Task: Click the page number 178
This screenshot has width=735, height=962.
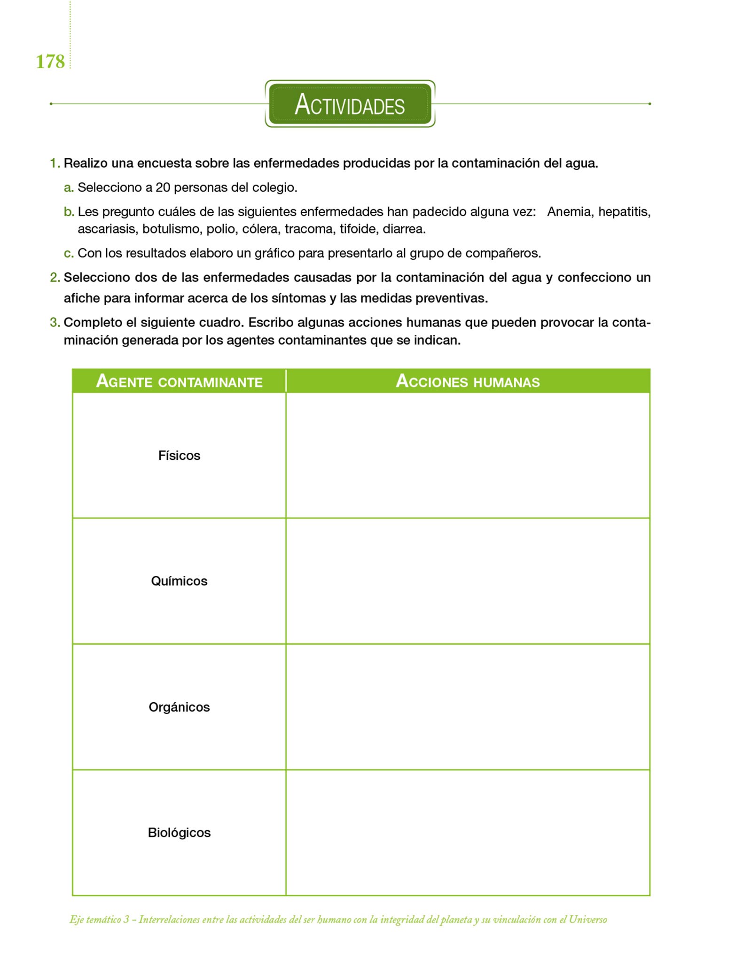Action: [x=50, y=62]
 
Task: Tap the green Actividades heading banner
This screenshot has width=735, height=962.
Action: [x=350, y=104]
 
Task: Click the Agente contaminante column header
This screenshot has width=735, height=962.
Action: [x=179, y=381]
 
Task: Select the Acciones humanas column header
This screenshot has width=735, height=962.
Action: [x=468, y=381]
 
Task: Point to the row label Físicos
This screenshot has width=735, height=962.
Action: [x=179, y=456]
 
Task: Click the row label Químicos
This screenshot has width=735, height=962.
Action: [x=179, y=581]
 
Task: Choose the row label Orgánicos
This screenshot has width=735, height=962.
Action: [x=179, y=707]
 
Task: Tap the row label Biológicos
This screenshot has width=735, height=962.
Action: [x=179, y=833]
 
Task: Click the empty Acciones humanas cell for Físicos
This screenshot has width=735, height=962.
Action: [x=468, y=456]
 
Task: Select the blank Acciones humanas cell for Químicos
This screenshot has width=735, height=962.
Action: [x=468, y=581]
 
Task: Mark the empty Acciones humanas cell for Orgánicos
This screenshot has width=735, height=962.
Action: [x=468, y=707]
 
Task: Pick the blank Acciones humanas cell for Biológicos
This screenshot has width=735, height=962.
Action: [x=468, y=833]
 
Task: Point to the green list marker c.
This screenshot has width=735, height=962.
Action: [x=69, y=254]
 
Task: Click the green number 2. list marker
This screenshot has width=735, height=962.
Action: [x=55, y=278]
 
